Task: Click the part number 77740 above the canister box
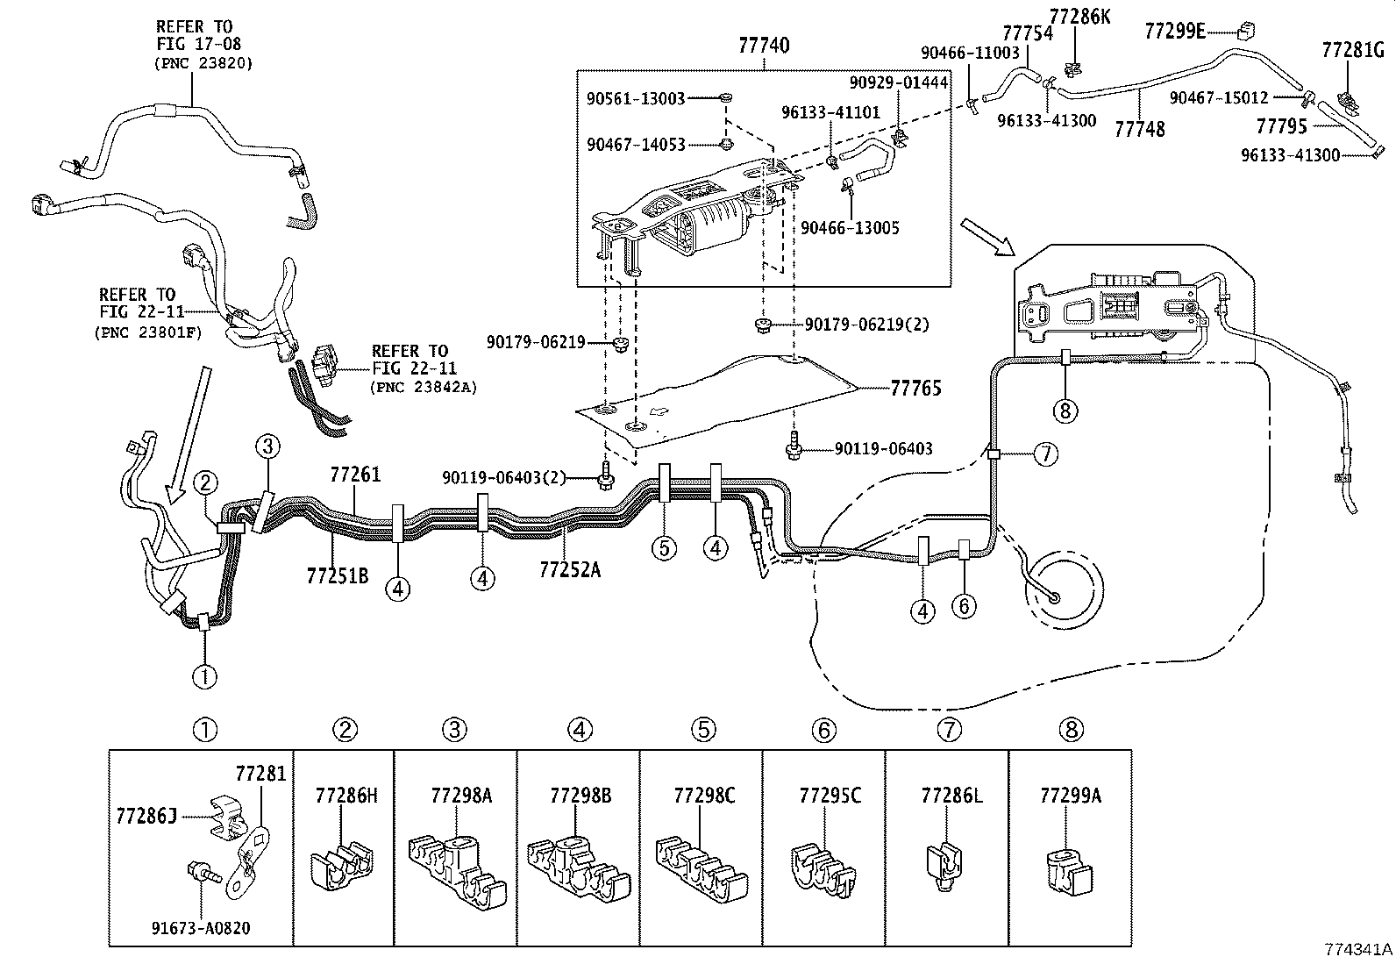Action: point(764,46)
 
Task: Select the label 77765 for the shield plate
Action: point(915,389)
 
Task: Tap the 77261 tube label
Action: point(355,475)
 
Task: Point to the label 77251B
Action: point(338,575)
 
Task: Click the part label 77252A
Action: point(570,569)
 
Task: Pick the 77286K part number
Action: point(1079,16)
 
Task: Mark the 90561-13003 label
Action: point(636,99)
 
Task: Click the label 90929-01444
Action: point(899,82)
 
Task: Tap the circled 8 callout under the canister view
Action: point(1065,410)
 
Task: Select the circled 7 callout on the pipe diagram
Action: point(1045,453)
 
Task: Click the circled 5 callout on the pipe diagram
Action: point(664,548)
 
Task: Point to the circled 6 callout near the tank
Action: point(964,605)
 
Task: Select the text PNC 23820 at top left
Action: point(203,63)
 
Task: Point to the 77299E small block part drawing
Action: point(1243,32)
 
